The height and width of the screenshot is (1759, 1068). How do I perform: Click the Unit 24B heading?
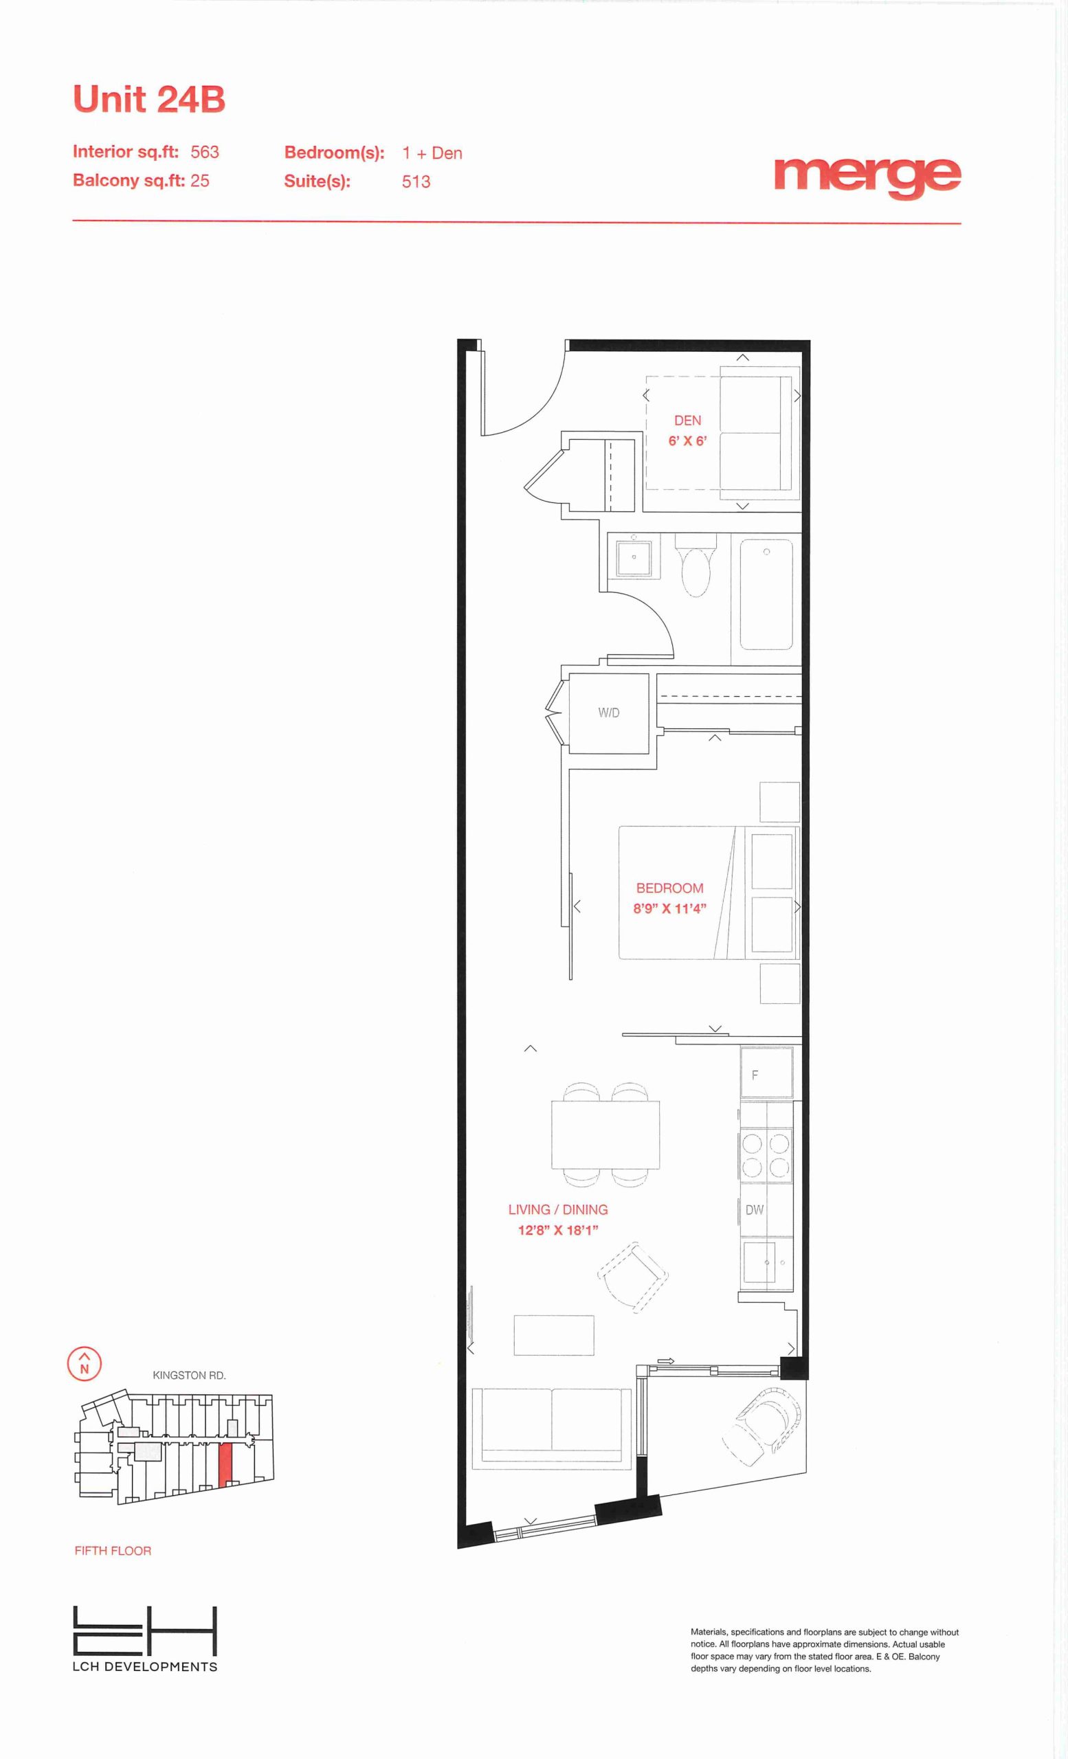[x=149, y=99]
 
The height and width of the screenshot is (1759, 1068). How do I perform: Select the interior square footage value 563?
[x=205, y=152]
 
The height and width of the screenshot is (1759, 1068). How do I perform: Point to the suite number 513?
[x=416, y=181]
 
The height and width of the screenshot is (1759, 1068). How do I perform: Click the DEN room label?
[x=687, y=421]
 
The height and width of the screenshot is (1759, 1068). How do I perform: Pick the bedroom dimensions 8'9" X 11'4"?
[x=669, y=909]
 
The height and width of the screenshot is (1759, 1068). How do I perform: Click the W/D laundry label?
[x=609, y=713]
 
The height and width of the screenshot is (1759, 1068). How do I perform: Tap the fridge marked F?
[x=767, y=1071]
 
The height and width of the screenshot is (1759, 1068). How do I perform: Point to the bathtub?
[x=766, y=594]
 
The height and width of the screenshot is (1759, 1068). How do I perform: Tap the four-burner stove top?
[x=766, y=1154]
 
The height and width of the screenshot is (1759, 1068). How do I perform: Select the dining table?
[x=605, y=1135]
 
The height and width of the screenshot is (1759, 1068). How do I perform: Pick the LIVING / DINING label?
[x=558, y=1209]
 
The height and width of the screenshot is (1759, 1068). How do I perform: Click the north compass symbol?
[x=85, y=1363]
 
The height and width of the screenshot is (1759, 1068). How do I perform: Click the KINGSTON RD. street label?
[x=189, y=1375]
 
